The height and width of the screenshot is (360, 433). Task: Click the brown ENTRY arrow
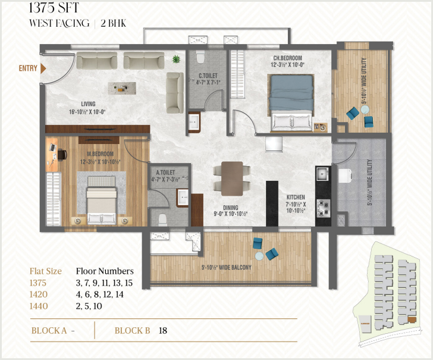click(x=43, y=68)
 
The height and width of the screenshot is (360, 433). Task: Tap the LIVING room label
click(x=88, y=104)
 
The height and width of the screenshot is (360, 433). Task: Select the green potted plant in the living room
click(x=175, y=59)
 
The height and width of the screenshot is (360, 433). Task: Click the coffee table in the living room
click(x=122, y=88)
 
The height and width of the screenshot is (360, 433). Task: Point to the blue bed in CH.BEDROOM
click(x=291, y=103)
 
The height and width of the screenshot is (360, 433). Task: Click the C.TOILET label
click(x=208, y=76)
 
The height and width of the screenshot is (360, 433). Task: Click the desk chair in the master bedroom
click(x=62, y=155)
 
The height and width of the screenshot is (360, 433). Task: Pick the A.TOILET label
click(x=166, y=173)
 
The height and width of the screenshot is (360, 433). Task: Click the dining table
click(x=232, y=179)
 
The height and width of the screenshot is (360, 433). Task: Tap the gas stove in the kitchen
click(x=323, y=208)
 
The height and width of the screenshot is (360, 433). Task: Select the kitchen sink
click(x=322, y=174)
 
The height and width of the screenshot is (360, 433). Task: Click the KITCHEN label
click(x=296, y=197)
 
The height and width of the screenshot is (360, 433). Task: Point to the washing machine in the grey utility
click(x=345, y=176)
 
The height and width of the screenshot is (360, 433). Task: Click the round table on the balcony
click(x=259, y=256)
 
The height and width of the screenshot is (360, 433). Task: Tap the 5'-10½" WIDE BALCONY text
click(x=227, y=267)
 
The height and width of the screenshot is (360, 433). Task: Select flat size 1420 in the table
click(x=39, y=295)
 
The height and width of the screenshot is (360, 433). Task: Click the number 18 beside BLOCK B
click(x=162, y=330)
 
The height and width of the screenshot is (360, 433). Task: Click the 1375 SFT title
click(x=54, y=8)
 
